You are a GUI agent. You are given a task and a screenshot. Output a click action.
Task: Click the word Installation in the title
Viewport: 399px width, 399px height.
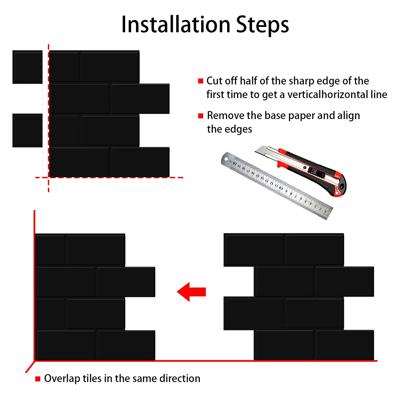point(176,25)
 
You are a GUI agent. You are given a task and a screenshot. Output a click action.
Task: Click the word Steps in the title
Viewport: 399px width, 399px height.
point(262,26)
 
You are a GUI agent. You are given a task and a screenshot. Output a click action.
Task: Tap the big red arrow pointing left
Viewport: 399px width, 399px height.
point(191,292)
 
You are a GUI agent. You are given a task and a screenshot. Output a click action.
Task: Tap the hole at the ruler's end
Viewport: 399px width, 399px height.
point(226,159)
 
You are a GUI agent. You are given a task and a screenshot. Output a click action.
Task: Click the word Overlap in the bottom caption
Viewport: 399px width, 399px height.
point(62,378)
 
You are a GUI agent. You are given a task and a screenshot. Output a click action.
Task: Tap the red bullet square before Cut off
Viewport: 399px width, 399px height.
point(200,81)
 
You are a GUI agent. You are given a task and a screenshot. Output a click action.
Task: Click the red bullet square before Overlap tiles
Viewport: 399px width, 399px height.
point(38,379)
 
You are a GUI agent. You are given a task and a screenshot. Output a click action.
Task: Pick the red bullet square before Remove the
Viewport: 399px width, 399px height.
point(200,116)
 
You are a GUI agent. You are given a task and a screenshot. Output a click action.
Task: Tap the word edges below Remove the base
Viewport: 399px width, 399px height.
point(238,130)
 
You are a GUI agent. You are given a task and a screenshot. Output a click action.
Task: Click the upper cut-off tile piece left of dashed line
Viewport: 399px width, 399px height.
point(28,67)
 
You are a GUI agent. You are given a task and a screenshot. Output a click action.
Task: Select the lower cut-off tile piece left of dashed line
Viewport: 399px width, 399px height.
point(28,130)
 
